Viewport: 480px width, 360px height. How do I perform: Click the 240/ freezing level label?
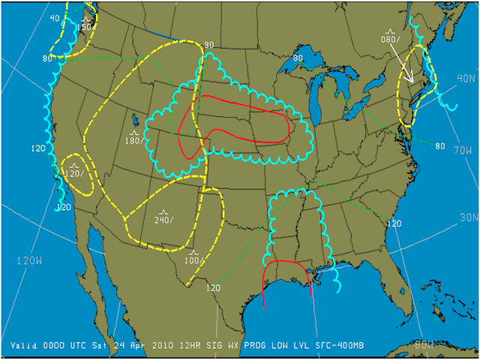(x=164, y=219)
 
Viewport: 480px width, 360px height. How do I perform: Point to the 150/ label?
(x=85, y=27)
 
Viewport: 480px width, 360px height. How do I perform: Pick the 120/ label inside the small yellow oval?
(x=74, y=173)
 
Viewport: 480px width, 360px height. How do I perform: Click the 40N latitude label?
(x=466, y=78)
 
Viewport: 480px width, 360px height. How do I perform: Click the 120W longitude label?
(x=28, y=260)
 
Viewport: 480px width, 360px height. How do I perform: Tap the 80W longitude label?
(x=424, y=346)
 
